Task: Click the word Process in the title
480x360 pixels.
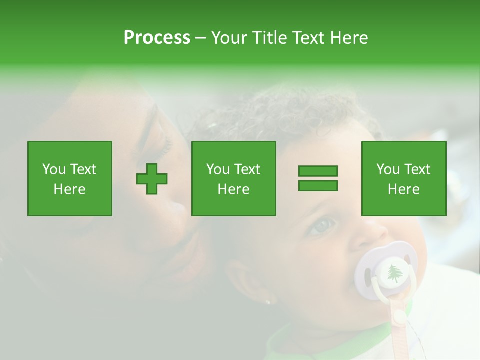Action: coord(157,38)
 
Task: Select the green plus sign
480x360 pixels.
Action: coord(152,179)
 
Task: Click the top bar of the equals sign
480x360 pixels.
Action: coord(318,171)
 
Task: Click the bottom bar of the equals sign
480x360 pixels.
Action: coord(318,186)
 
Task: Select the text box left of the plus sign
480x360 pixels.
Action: coord(70,179)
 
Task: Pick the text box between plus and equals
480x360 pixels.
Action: coord(234,179)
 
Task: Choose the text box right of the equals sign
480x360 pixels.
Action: coord(404,179)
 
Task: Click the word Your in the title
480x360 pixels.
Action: coord(229,38)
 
